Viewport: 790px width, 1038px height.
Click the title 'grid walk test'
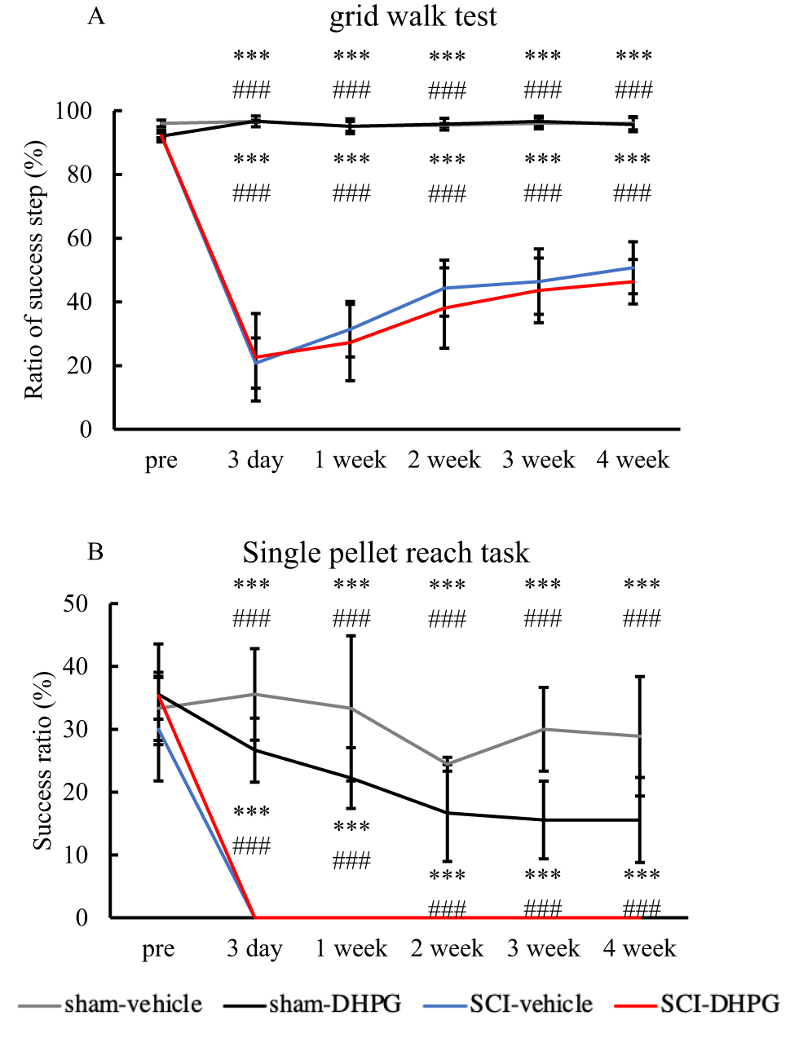point(413,17)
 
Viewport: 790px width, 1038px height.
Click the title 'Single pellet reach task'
point(386,553)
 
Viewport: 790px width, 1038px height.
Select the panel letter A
point(96,16)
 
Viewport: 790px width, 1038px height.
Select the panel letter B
point(95,552)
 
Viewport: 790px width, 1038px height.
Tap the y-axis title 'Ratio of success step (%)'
point(33,270)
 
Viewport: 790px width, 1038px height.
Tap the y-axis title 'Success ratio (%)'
point(42,761)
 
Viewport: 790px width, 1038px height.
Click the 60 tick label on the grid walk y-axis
point(79,238)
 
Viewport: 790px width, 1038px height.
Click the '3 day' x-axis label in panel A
point(255,461)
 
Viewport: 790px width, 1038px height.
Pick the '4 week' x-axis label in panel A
point(633,461)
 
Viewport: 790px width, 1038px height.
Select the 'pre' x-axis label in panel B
point(158,949)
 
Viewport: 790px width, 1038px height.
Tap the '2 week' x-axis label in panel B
point(447,949)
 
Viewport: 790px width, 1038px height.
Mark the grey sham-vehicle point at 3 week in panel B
point(543,729)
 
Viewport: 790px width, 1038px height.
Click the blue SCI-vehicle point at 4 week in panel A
point(633,267)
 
